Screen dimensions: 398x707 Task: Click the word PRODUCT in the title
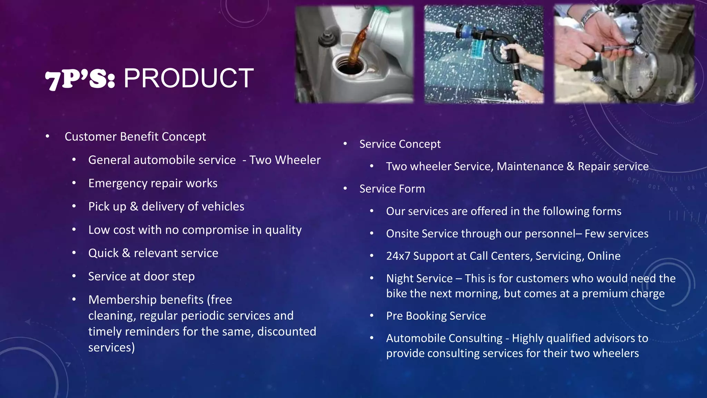[188, 78]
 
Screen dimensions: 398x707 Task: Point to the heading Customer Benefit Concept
[135, 136]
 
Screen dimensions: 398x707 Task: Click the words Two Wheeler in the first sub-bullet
[285, 160]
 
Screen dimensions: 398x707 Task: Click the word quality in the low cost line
[283, 230]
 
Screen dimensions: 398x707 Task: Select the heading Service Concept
[400, 144]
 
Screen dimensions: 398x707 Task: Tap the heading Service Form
[392, 189]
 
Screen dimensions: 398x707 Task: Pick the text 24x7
[398, 256]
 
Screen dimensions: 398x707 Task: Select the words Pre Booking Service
[436, 316]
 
